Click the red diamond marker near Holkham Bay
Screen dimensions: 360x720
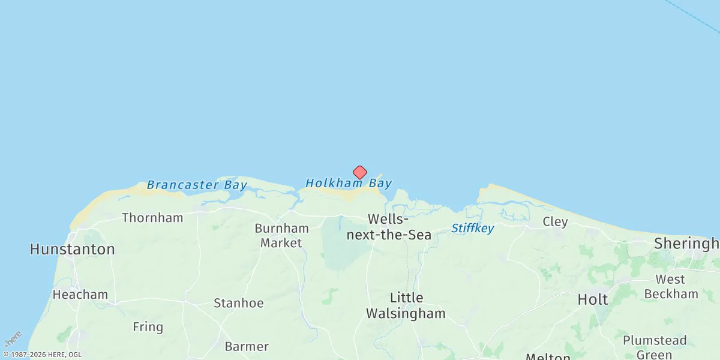(359, 173)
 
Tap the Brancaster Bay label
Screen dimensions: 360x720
(196, 185)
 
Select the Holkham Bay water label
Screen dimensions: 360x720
(348, 183)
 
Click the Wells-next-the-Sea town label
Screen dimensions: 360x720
(389, 227)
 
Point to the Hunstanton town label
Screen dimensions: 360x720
(72, 249)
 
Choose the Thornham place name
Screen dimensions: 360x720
(152, 218)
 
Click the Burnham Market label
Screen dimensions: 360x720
(281, 236)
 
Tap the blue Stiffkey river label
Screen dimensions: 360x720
(472, 228)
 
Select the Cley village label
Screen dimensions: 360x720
(555, 222)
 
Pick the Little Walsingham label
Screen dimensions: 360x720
(406, 305)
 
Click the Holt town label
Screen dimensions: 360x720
(592, 299)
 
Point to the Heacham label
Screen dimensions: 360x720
(80, 295)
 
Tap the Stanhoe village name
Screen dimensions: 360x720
(238, 303)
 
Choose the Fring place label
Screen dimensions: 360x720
(148, 327)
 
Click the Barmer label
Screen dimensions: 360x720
(246, 347)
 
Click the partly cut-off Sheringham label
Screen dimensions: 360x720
(686, 244)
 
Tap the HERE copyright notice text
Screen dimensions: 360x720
(41, 355)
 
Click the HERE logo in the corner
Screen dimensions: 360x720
(13, 339)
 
